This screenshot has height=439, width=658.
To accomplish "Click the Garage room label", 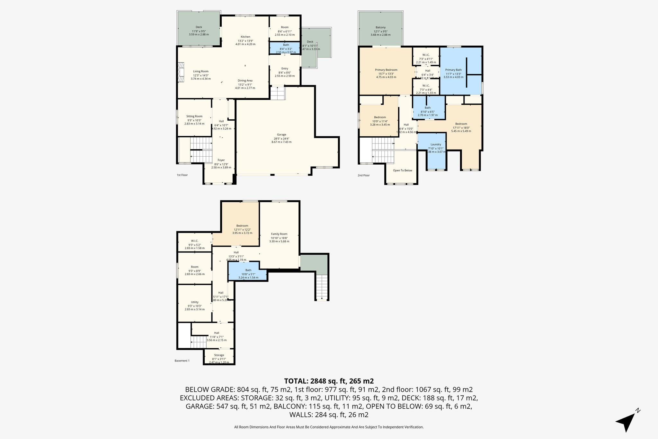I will coord(281,135).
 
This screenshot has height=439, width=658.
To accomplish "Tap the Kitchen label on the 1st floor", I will coord(245,37).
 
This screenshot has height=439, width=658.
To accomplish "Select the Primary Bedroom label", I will coord(386,70).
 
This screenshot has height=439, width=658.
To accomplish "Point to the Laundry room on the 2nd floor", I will coord(436,145).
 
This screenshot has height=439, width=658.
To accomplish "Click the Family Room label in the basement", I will coord(279,234).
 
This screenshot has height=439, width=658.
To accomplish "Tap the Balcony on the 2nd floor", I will coord(380,28).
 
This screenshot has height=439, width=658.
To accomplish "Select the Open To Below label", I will coord(402,170).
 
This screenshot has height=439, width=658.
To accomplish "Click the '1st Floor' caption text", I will coord(182,175).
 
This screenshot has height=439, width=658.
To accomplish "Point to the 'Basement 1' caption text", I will coord(182,361).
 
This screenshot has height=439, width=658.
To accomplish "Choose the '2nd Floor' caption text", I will coord(364,176).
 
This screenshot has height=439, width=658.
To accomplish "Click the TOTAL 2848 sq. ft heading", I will coord(329,381).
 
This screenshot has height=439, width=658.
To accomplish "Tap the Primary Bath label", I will coord(453,70).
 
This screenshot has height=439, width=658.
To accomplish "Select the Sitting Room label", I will coord(194,116).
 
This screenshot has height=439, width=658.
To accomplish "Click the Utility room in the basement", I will coord(194,302).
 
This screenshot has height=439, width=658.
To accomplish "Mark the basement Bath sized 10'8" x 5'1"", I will coord(248,270).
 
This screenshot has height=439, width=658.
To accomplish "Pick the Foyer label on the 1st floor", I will coord(221,160).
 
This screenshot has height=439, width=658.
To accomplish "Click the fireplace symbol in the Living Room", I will coord(182,72).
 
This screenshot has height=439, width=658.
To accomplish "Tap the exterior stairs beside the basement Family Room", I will coord(322,287).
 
